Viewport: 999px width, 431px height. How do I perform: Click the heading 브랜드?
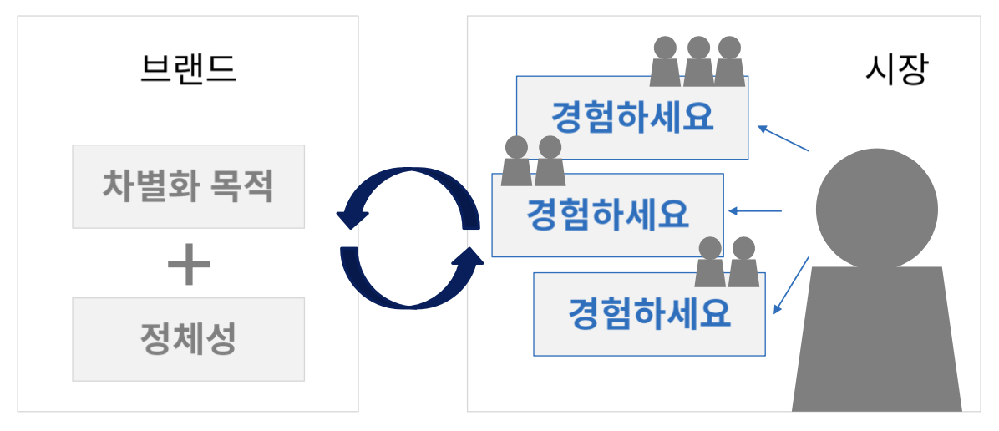[x=188, y=69]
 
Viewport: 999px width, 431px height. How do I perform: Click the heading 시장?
[x=895, y=70]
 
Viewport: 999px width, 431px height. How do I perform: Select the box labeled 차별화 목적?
[x=188, y=186]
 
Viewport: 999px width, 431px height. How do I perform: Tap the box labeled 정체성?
[x=188, y=339]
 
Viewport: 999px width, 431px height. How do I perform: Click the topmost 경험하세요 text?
[x=632, y=117]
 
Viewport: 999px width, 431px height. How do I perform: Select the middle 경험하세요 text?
[x=607, y=215]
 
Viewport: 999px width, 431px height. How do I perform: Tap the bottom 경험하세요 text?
[x=649, y=314]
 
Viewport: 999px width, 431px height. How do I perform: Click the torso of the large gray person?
[x=876, y=342]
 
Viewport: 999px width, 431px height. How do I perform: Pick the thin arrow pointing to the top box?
[x=783, y=139]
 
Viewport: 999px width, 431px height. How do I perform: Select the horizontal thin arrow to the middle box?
[x=756, y=211]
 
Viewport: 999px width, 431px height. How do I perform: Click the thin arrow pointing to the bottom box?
[x=790, y=286]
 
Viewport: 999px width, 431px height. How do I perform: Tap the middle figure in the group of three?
[x=697, y=62]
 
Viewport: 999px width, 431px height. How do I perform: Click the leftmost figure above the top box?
[x=665, y=62]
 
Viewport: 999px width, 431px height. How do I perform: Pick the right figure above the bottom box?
[x=743, y=262]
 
